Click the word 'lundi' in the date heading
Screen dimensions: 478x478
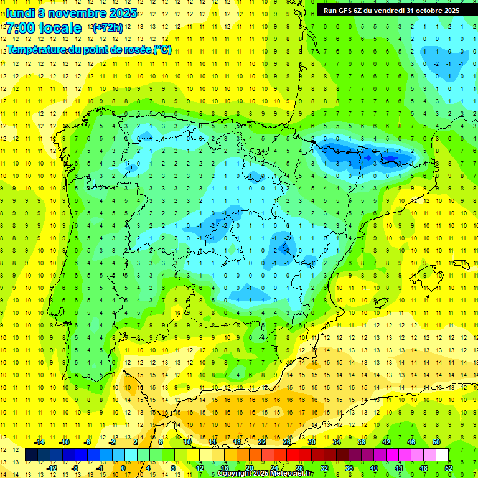(20, 13)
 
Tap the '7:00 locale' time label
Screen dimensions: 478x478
(44, 28)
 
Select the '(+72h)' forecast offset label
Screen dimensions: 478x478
(108, 28)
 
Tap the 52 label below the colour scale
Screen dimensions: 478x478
(449, 467)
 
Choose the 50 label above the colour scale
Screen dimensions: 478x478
(436, 442)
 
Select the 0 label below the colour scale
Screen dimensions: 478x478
(123, 467)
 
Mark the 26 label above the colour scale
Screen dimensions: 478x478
(287, 442)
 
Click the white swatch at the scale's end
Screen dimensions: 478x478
(443, 455)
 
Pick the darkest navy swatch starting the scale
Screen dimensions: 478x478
(32, 455)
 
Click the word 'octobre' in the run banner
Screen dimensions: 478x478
(423, 10)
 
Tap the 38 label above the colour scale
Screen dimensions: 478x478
(362, 442)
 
